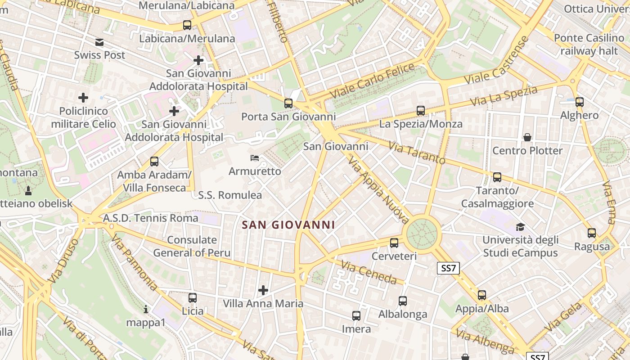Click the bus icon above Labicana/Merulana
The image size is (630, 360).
click(187, 25)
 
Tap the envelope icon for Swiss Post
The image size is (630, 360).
click(99, 42)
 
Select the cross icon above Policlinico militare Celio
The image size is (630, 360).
click(83, 97)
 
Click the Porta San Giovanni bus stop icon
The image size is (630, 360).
click(288, 103)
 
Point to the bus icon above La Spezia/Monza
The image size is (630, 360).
click(421, 110)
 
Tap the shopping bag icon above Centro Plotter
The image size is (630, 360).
click(527, 137)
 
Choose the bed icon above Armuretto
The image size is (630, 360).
click(255, 158)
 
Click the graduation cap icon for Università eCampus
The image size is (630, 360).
click(520, 227)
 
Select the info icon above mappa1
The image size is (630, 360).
click(145, 309)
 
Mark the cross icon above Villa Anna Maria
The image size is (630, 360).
click(263, 290)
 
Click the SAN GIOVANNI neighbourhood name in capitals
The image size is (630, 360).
click(288, 225)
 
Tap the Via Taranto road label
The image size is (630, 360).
click(417, 153)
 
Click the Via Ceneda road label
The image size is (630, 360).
click(369, 272)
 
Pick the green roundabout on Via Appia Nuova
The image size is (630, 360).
click(422, 233)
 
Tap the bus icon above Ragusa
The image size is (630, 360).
click(592, 233)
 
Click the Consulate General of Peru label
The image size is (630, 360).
click(192, 246)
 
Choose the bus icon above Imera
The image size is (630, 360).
click(356, 316)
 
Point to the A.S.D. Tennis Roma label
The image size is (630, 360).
click(151, 218)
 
